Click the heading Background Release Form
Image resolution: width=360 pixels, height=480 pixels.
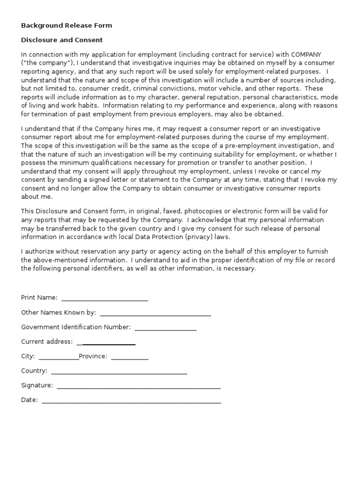67,25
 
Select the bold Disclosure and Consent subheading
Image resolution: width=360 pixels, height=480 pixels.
62,40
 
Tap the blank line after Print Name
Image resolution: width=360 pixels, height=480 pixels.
105,299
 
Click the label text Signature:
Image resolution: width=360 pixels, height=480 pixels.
37,385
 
